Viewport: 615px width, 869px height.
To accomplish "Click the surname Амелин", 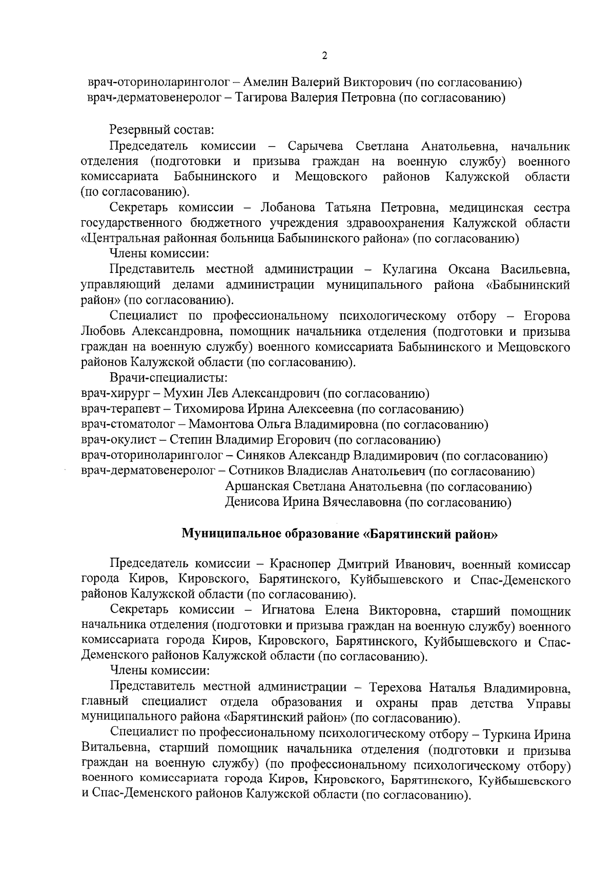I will [265, 82].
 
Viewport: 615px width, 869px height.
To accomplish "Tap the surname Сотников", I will [255, 471].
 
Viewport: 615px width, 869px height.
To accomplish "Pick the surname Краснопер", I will [298, 565].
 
